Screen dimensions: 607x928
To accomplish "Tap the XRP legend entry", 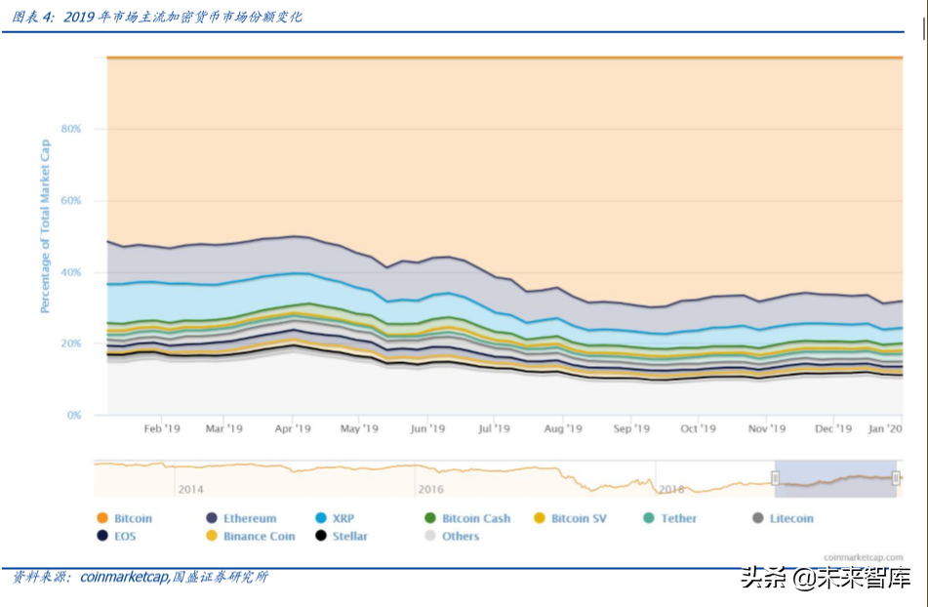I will tap(343, 518).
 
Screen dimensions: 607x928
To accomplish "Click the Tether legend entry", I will tap(679, 518).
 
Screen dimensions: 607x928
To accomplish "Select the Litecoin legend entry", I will tap(790, 518).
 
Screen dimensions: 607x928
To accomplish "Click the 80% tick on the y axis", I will tap(70, 129).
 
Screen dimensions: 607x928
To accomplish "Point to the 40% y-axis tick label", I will tap(70, 272).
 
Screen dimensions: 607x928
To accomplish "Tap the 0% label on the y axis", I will tap(73, 416).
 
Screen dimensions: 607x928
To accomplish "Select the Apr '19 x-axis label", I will tap(292, 428).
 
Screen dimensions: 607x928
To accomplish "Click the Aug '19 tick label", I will tap(563, 428).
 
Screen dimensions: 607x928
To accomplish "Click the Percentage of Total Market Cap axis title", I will tap(45, 226).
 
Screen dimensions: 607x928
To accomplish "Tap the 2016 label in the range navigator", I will tap(430, 489).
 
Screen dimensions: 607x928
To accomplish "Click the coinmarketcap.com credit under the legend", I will tap(862, 557).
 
